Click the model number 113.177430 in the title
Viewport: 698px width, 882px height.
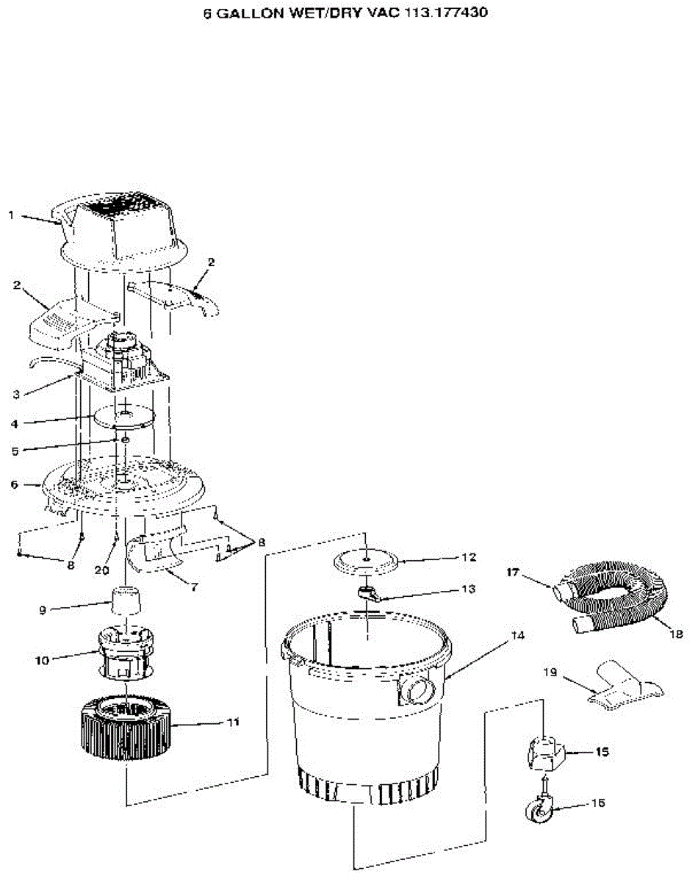click(x=444, y=12)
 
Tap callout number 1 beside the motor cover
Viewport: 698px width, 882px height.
click(x=11, y=215)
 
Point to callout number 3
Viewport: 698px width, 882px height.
click(x=15, y=395)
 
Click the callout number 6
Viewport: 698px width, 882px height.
click(x=14, y=484)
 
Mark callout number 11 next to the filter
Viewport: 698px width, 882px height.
click(x=232, y=722)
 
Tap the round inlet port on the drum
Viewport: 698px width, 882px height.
click(x=417, y=690)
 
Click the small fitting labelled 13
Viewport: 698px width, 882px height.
click(x=369, y=594)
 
